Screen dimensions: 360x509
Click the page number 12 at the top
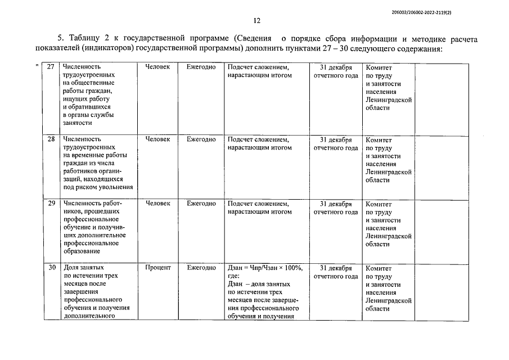(256, 21)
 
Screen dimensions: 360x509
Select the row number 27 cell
(51, 67)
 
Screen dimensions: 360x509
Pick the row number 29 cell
(51, 204)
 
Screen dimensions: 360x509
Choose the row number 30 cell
(51, 268)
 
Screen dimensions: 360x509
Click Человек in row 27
(157, 67)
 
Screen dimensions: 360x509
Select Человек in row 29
(157, 204)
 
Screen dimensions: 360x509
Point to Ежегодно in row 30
(201, 268)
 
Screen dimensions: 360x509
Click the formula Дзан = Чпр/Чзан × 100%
(264, 268)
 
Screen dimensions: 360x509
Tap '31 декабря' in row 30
(335, 268)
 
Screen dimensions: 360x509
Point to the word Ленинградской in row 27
(389, 99)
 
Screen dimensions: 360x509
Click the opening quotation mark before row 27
(37, 66)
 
